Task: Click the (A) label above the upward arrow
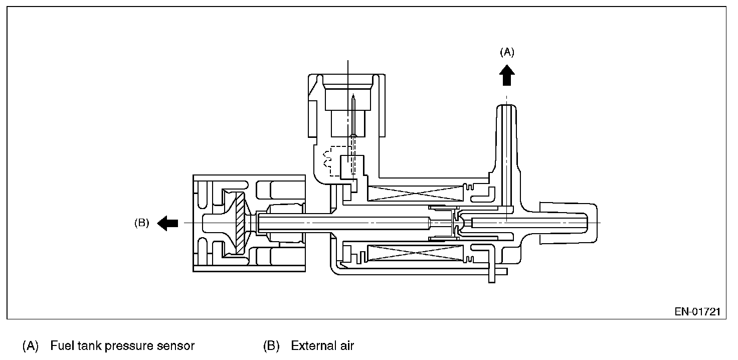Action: click(507, 52)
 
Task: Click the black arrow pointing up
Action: click(507, 76)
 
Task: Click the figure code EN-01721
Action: click(697, 312)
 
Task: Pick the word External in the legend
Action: click(312, 346)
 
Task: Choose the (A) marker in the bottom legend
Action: click(30, 346)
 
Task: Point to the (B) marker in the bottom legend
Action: click(271, 346)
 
